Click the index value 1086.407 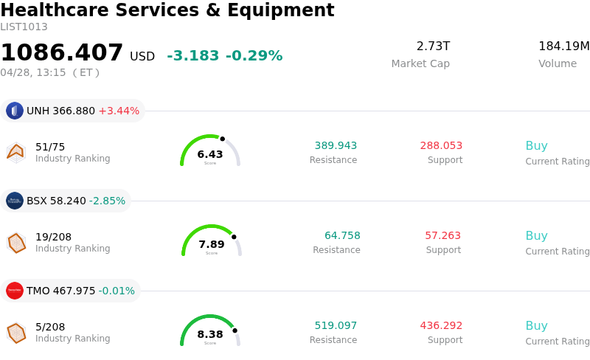[x=62, y=53]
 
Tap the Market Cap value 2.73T [x=433, y=46]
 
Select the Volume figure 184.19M [x=563, y=46]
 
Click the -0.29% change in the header [x=254, y=56]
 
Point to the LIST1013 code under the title [x=24, y=27]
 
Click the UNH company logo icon [x=15, y=111]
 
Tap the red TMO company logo [x=15, y=291]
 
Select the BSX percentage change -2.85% [x=107, y=201]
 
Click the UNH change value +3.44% [x=119, y=111]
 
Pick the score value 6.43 [x=210, y=154]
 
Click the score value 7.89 [x=212, y=244]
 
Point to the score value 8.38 [x=210, y=334]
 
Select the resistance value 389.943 [x=336, y=146]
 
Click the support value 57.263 [x=442, y=236]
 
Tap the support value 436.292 [x=441, y=326]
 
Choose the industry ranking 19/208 [x=54, y=237]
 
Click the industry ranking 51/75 [x=50, y=147]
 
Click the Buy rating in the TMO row [x=536, y=326]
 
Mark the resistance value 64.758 [x=342, y=236]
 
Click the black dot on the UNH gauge [x=222, y=139]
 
